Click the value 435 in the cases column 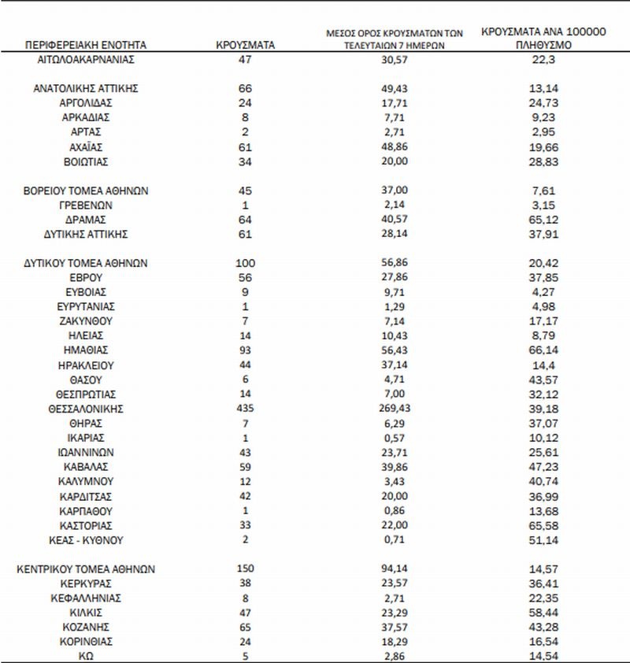(244, 409)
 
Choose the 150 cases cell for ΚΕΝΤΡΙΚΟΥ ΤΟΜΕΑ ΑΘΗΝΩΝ (244, 569)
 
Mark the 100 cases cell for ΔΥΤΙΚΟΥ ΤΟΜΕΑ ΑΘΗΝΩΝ (244, 264)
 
